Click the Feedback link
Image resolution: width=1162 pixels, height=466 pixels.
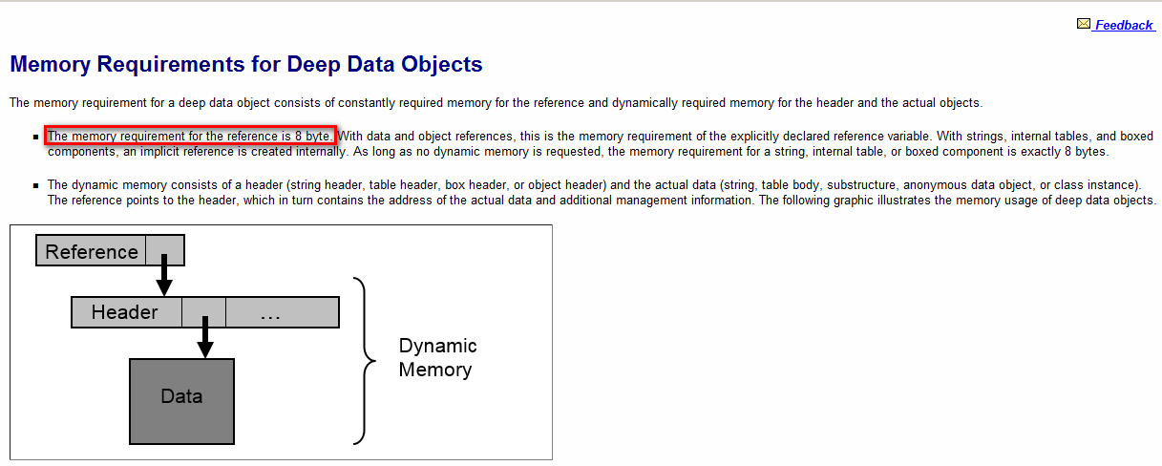click(x=1124, y=26)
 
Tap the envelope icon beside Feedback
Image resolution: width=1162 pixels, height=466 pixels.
click(x=1083, y=24)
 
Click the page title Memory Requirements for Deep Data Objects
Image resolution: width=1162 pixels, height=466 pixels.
click(x=245, y=65)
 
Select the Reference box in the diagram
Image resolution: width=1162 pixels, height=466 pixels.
click(x=92, y=252)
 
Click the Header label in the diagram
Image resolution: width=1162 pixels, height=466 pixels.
click(x=125, y=312)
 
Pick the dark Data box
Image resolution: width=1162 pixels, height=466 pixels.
click(x=181, y=396)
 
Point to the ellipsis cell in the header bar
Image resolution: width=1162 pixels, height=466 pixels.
click(x=270, y=313)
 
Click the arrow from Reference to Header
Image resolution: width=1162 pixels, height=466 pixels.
click(x=164, y=274)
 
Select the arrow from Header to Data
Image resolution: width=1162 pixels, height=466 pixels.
click(x=204, y=335)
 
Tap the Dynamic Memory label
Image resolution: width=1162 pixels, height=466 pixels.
click(x=436, y=357)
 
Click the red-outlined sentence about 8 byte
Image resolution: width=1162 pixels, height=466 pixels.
click(x=190, y=136)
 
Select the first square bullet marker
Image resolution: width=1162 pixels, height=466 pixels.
click(x=36, y=138)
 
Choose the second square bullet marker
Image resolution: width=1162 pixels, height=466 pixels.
click(x=36, y=185)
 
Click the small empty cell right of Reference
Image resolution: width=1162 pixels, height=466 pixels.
click(x=163, y=251)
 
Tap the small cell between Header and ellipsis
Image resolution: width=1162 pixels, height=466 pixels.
click(x=203, y=312)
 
